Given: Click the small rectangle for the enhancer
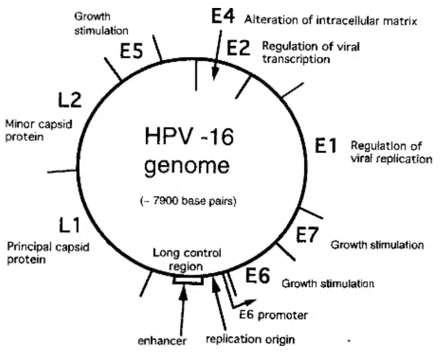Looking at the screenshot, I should click(x=188, y=280).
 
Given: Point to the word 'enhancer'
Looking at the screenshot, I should click(x=161, y=339).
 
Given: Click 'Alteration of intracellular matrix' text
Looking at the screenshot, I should click(x=330, y=20).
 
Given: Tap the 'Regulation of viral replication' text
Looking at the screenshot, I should click(x=387, y=152).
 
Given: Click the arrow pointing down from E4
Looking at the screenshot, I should click(x=215, y=61).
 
